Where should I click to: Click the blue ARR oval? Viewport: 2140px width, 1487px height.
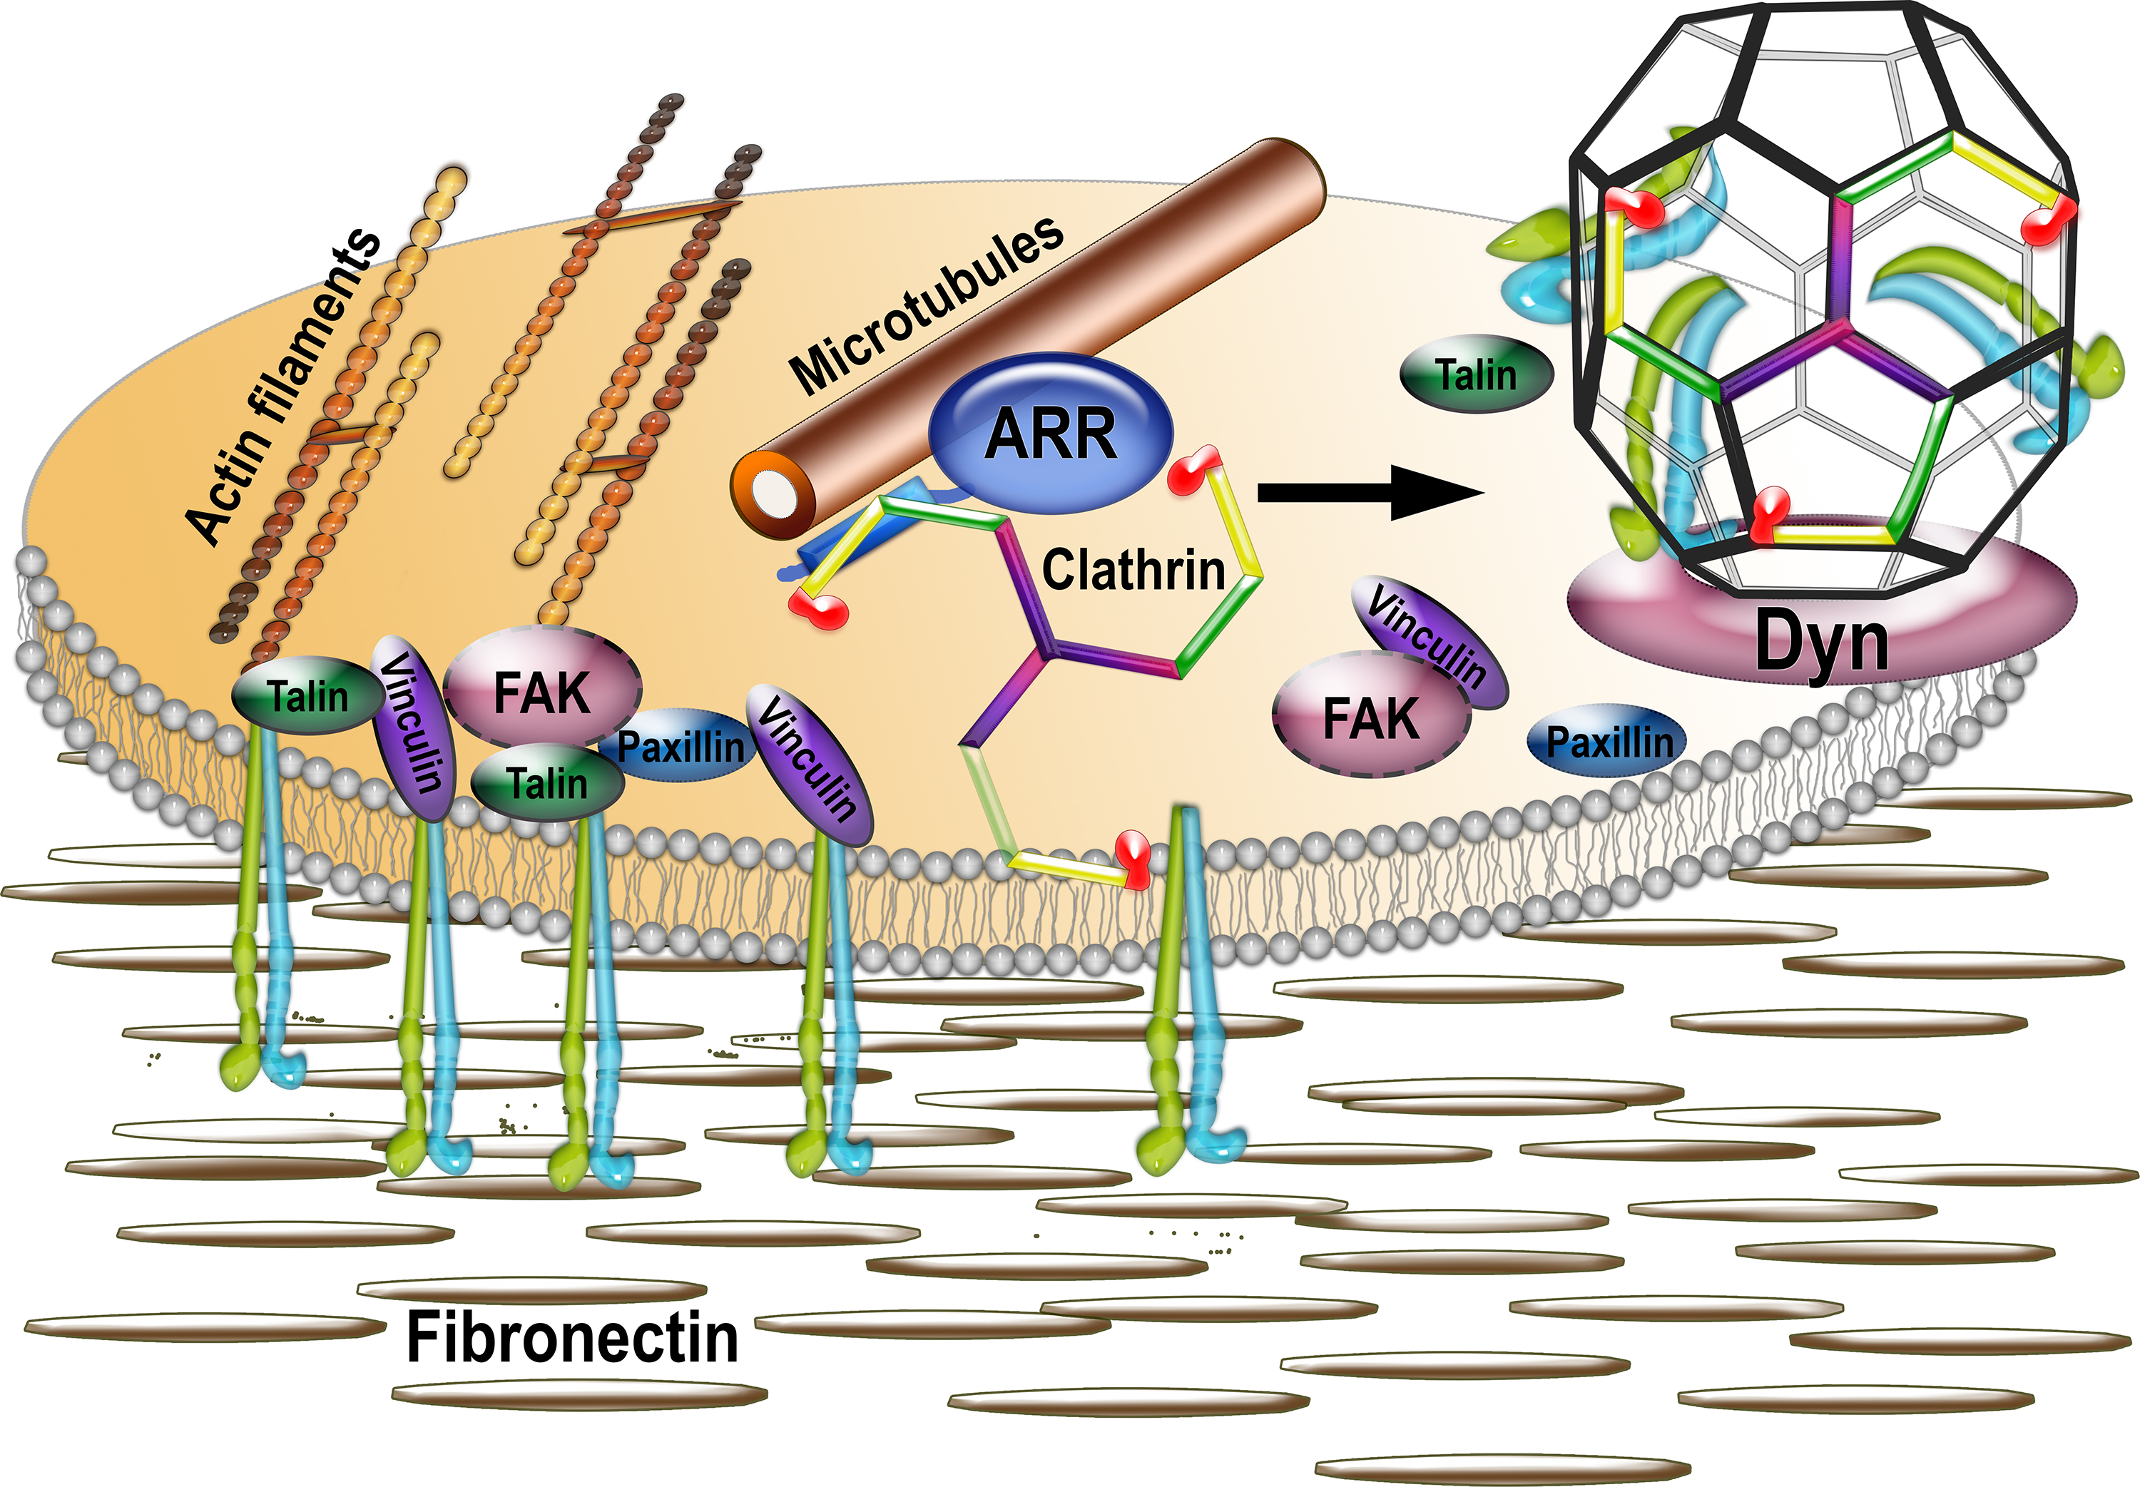(x=1051, y=433)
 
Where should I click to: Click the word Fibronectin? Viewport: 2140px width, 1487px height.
(x=572, y=1338)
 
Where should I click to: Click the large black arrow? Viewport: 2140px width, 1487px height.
(x=1370, y=492)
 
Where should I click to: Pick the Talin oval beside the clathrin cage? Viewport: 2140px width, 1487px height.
(x=1477, y=374)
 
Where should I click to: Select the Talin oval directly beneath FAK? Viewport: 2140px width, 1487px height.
(x=548, y=782)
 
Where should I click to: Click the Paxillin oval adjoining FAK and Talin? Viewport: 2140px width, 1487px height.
(x=681, y=746)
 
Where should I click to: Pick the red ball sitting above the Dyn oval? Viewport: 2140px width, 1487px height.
(x=1769, y=513)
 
